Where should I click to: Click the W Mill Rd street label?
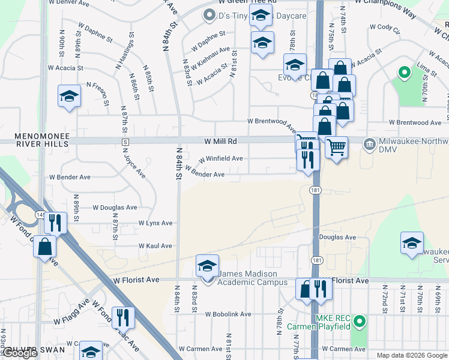point(220,141)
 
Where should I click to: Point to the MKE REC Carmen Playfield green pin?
point(360,322)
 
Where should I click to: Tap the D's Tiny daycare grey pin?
point(209,16)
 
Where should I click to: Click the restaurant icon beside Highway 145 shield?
point(55,223)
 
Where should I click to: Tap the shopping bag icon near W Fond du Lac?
point(45,246)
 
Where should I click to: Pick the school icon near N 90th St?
point(69,95)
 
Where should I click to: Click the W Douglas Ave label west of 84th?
point(114,208)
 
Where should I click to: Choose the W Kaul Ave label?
point(155,246)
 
